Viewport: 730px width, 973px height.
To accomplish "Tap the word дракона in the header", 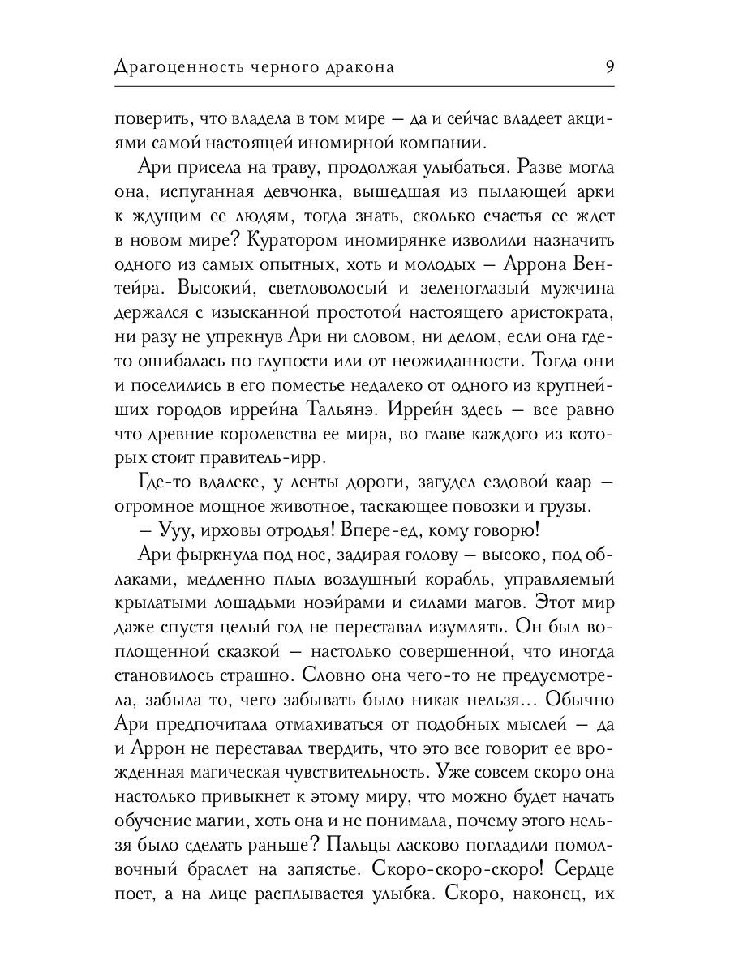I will (357, 67).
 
